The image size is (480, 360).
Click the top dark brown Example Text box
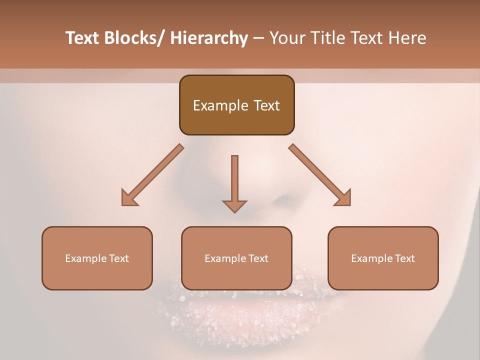[x=236, y=105]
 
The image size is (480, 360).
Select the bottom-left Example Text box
[x=97, y=258]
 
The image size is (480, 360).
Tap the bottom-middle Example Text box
[x=236, y=258]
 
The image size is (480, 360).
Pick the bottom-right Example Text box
[x=383, y=258]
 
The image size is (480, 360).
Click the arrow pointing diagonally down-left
[x=152, y=175]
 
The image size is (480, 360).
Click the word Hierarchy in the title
[x=209, y=38]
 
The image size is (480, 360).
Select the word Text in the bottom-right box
[x=404, y=258]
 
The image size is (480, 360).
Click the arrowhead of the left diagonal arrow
[x=129, y=198]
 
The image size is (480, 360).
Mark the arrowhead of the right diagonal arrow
[x=343, y=198]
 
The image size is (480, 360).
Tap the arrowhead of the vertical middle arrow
[x=234, y=206]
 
